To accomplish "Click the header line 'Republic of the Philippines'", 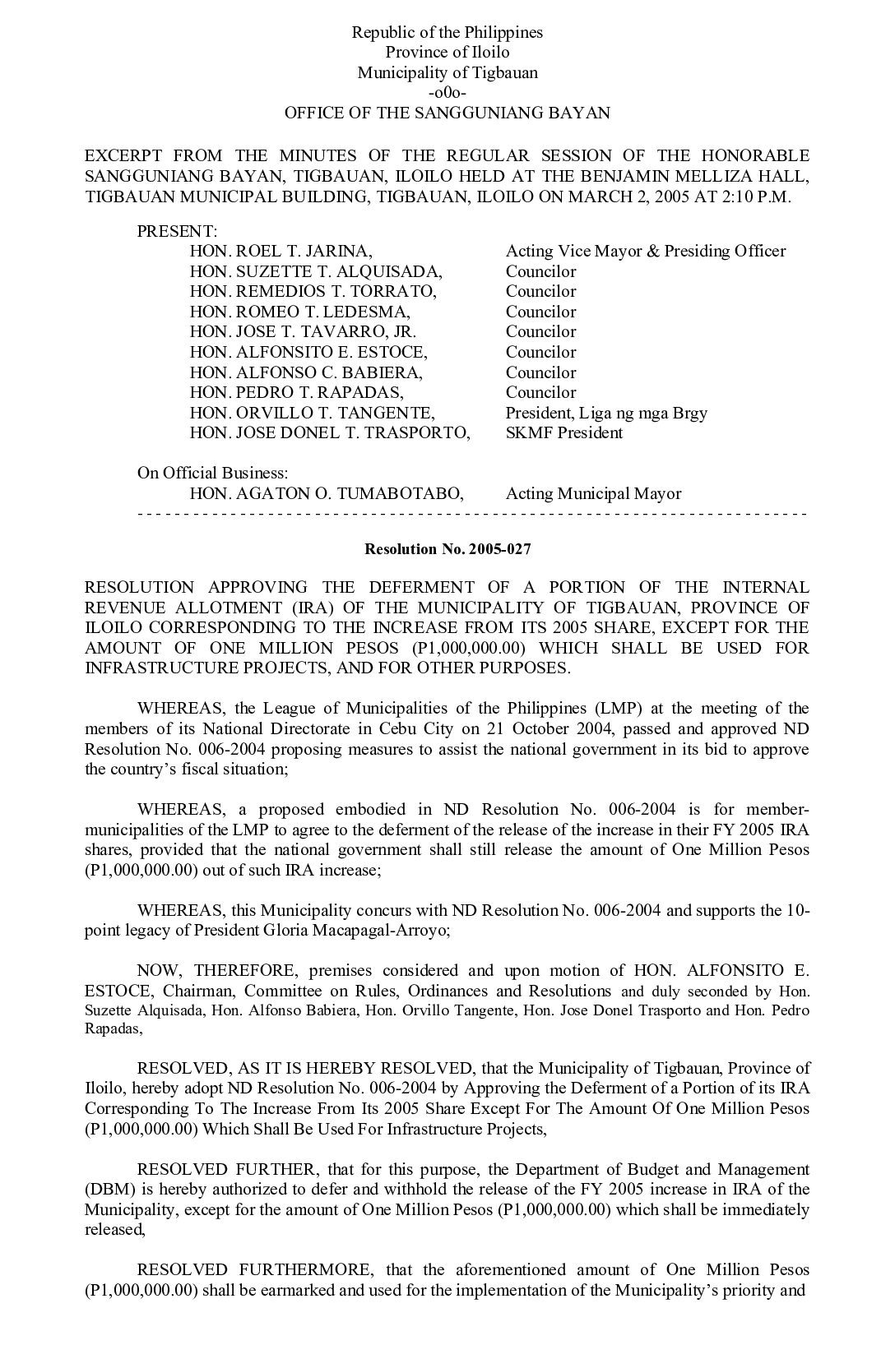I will click(x=447, y=33).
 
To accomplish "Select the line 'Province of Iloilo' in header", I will click(x=447, y=53).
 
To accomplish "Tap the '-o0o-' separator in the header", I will click(x=447, y=93).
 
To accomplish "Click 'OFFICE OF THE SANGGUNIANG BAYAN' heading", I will click(x=447, y=113).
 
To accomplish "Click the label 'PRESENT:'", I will click(x=177, y=231).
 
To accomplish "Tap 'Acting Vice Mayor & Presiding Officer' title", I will click(x=645, y=252).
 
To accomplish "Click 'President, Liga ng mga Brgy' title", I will click(x=606, y=413).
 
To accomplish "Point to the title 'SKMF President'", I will click(x=563, y=433).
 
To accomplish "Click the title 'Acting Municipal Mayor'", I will click(x=593, y=494).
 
